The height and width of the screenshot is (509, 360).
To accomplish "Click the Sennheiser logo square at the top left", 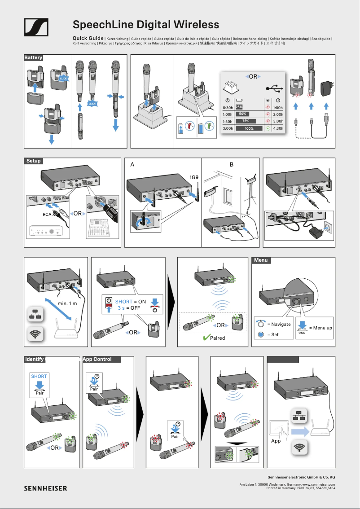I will [36, 28].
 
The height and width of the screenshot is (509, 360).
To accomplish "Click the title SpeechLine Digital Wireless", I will [146, 24].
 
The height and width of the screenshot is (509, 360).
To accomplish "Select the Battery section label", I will [33, 58].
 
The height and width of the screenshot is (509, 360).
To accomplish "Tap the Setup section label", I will [33, 161].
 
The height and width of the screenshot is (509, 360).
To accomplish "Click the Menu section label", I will [261, 260].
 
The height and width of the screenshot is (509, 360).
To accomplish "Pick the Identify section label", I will [35, 359].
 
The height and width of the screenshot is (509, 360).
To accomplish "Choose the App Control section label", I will [97, 359].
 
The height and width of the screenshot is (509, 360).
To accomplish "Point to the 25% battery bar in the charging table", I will [239, 107].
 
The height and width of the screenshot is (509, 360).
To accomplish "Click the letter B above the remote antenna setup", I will [232, 165].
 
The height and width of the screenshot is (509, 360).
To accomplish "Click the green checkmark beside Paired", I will [206, 338].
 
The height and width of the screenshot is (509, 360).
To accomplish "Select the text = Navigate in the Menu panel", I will [279, 324].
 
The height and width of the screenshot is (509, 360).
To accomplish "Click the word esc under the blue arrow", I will [302, 333].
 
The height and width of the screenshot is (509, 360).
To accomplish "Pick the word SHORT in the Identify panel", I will [39, 376].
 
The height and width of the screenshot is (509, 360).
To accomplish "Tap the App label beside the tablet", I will [276, 441].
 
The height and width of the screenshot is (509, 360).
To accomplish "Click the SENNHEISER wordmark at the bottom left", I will [45, 488].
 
